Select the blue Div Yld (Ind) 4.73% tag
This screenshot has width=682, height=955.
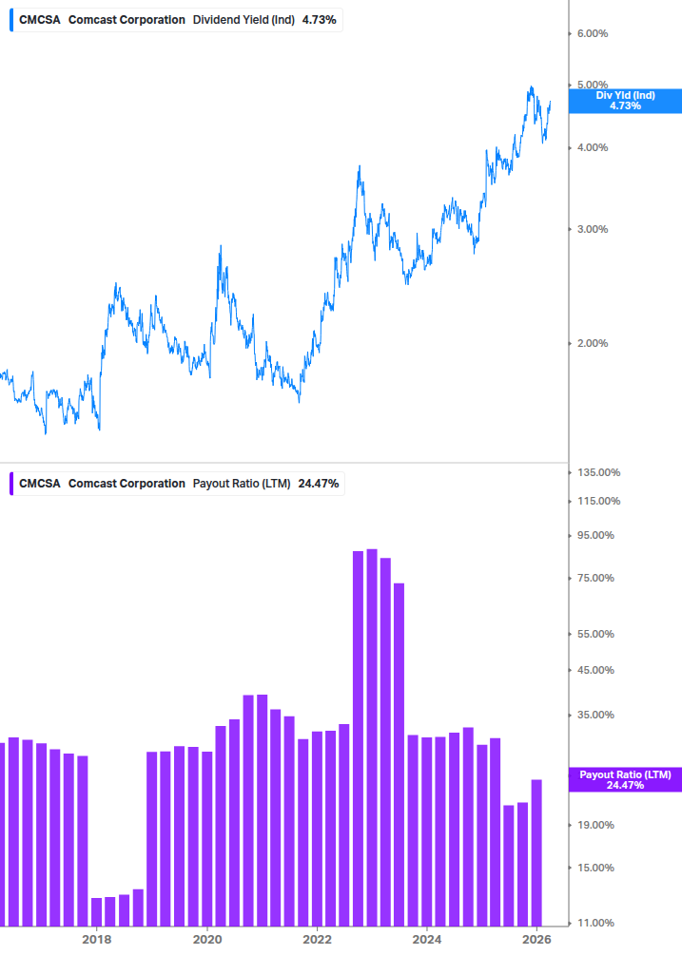[625, 101]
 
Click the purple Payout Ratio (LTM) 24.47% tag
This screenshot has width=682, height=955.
[625, 780]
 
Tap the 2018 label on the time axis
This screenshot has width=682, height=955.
[96, 940]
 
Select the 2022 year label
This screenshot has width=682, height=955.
[317, 940]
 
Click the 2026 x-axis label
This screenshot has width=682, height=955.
[537, 940]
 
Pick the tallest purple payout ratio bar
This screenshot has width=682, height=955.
[372, 736]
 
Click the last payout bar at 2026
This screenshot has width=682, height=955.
[537, 851]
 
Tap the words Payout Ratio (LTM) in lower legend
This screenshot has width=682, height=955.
[242, 484]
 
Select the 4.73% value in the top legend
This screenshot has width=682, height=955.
[320, 20]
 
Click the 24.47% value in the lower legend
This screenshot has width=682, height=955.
[318, 484]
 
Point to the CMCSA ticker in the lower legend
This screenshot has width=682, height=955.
[40, 484]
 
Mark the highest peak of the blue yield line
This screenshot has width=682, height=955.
[530, 87]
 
